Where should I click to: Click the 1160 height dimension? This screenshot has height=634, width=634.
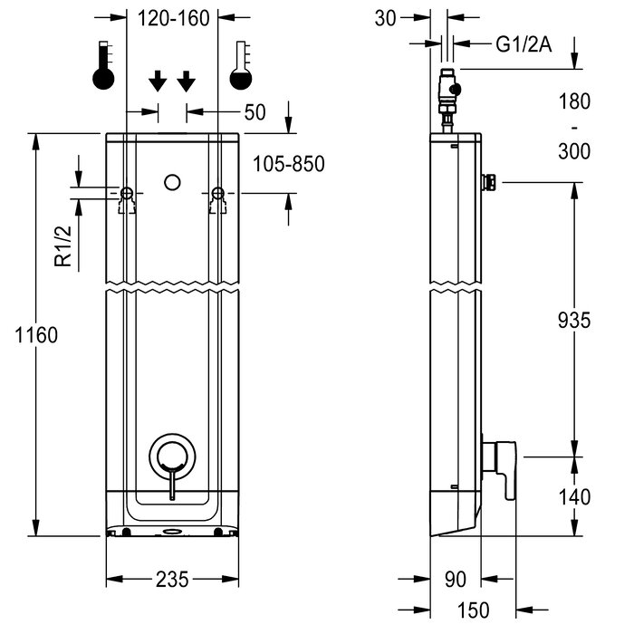tap(36, 335)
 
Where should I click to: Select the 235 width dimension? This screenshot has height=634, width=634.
tap(172, 580)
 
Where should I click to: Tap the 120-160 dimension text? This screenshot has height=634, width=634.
tap(174, 19)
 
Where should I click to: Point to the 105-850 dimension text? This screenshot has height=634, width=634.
tap(289, 164)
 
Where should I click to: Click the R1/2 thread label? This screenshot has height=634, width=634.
tap(63, 246)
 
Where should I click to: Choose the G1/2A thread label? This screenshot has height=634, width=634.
tap(524, 44)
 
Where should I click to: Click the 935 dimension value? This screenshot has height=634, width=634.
tap(574, 321)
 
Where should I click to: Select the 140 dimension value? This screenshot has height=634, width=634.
tap(574, 497)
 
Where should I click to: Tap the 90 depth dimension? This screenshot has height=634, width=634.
tap(456, 580)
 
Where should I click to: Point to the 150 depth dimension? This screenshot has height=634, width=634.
tap(473, 610)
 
